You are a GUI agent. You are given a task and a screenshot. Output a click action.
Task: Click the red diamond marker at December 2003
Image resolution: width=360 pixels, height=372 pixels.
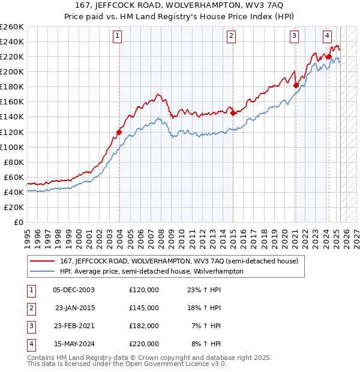(x=119, y=132)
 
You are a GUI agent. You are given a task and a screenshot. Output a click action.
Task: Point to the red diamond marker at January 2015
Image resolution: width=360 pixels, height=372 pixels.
(x=233, y=113)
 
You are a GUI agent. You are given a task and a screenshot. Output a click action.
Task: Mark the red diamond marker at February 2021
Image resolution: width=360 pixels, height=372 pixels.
(x=296, y=85)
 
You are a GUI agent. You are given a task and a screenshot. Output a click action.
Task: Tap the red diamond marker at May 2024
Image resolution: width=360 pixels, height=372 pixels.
(x=329, y=57)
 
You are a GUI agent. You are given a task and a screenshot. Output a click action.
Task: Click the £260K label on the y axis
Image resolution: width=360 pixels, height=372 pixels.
(x=12, y=27)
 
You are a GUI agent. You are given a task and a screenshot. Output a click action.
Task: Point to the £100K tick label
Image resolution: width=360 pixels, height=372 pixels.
(x=12, y=147)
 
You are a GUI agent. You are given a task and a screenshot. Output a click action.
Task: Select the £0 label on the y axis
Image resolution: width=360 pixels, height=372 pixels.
(x=18, y=222)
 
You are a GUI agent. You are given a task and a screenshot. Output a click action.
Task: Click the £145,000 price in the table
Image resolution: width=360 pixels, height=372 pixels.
(x=144, y=308)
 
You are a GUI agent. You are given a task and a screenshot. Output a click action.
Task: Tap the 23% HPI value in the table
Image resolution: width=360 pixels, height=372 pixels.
(x=205, y=290)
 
